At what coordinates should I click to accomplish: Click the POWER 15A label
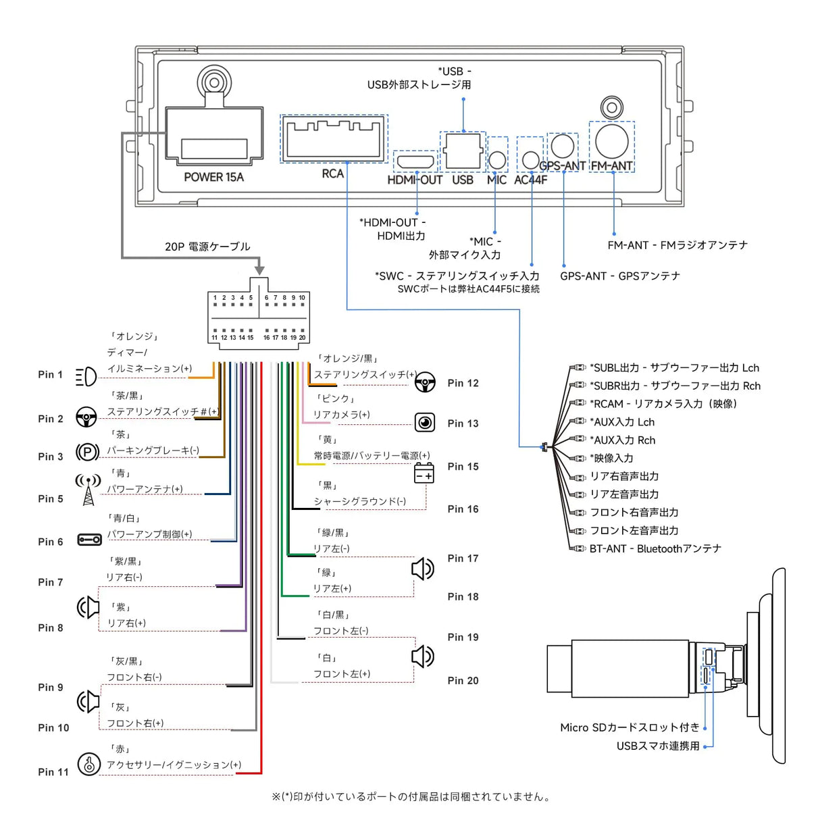point(213,177)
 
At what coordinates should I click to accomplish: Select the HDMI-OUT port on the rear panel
point(415,161)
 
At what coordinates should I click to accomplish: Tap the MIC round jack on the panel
point(497,159)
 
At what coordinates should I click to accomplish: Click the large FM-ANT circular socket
point(612,140)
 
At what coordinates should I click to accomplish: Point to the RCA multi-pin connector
point(334,138)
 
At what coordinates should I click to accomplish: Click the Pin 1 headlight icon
point(86,376)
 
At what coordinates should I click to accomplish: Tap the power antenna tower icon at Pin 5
point(88,489)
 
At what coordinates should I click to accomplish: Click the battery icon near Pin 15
point(424,473)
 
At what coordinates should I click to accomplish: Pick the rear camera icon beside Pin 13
point(425,423)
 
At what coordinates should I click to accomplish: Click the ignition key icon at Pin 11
point(88,764)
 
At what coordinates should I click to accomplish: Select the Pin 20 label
point(463,681)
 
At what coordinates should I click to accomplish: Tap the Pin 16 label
point(463,509)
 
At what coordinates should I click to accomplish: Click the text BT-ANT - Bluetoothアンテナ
point(655,549)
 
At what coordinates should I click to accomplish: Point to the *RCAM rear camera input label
point(663,404)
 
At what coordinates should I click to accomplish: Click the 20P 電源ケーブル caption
point(207,247)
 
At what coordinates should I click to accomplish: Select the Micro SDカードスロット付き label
point(630,727)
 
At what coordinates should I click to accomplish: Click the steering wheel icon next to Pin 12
point(425,383)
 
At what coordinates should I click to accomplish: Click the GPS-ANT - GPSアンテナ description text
point(619,276)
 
